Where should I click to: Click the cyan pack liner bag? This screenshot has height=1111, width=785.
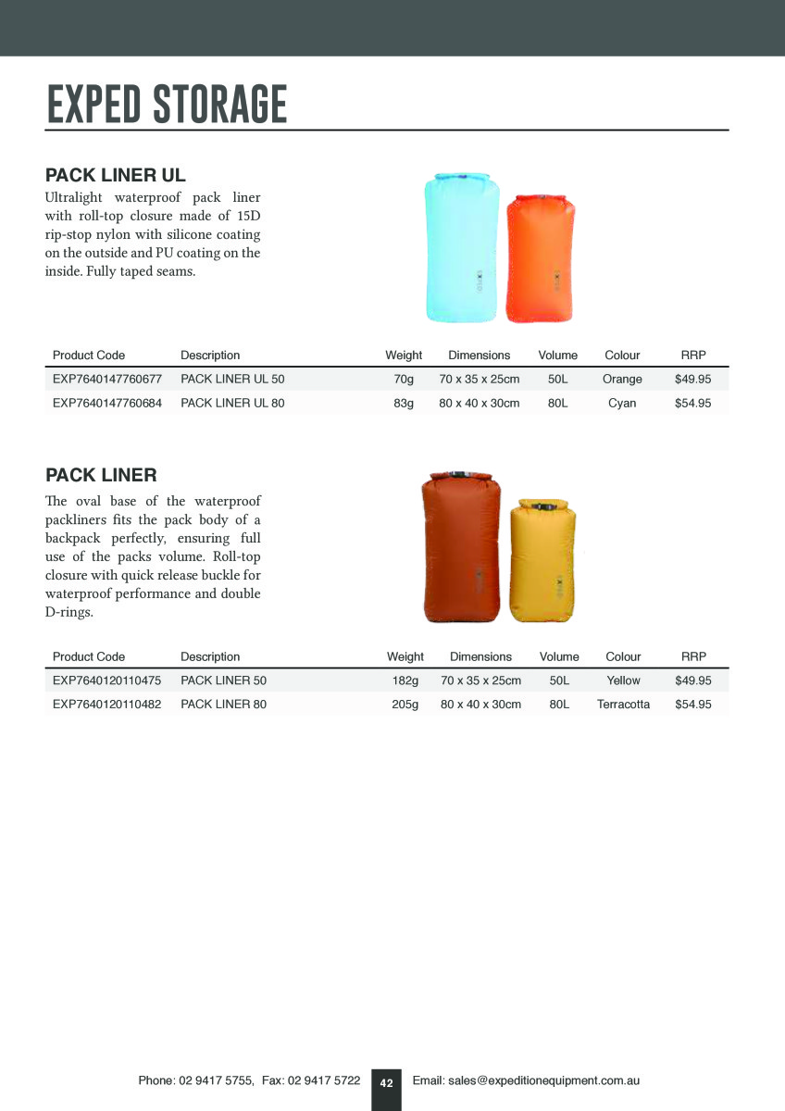461,248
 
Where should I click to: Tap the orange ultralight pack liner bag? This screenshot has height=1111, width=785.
540,259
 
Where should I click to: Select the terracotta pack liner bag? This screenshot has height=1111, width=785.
461,548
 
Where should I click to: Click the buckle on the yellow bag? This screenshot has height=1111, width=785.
542,506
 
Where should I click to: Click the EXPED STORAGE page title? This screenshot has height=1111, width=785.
168,104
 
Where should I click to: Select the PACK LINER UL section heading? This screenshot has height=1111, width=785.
116,175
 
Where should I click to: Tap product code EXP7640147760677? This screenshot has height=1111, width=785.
107,380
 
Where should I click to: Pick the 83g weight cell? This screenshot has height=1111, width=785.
404,404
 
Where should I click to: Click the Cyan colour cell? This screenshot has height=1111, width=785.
622,404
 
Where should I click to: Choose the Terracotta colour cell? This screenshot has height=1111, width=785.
623,705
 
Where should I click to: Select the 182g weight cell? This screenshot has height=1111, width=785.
405,680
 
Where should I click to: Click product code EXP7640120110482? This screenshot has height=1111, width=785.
107,705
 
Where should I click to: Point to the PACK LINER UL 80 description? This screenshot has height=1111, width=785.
232,404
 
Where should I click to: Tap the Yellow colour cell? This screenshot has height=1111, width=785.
623,680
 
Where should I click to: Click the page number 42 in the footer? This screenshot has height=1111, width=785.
386,1083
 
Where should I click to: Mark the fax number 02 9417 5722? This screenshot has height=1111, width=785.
324,1080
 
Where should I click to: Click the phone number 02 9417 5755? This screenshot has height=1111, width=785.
216,1080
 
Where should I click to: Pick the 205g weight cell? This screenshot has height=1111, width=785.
405,705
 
